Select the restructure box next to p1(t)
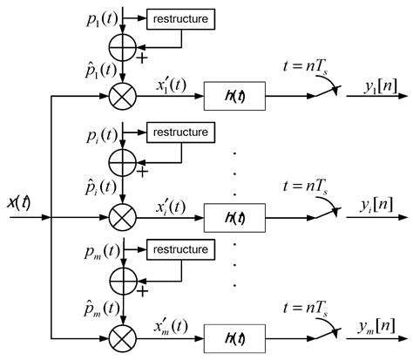click(179, 17)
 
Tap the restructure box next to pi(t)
click(179, 132)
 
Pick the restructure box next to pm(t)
click(179, 249)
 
